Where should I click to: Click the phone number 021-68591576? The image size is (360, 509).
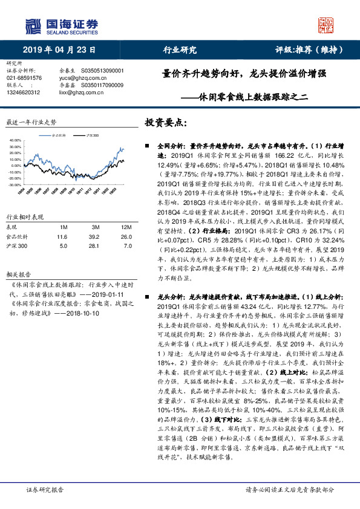[x=24, y=78]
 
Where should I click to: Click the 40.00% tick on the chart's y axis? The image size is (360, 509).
[x=15, y=140]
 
